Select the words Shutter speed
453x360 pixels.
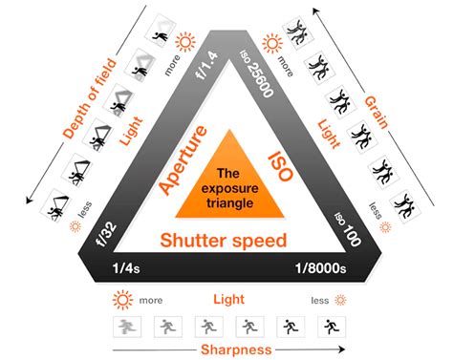tap(224, 240)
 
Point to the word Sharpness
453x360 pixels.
tap(226, 349)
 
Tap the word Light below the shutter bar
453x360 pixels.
tap(226, 299)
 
